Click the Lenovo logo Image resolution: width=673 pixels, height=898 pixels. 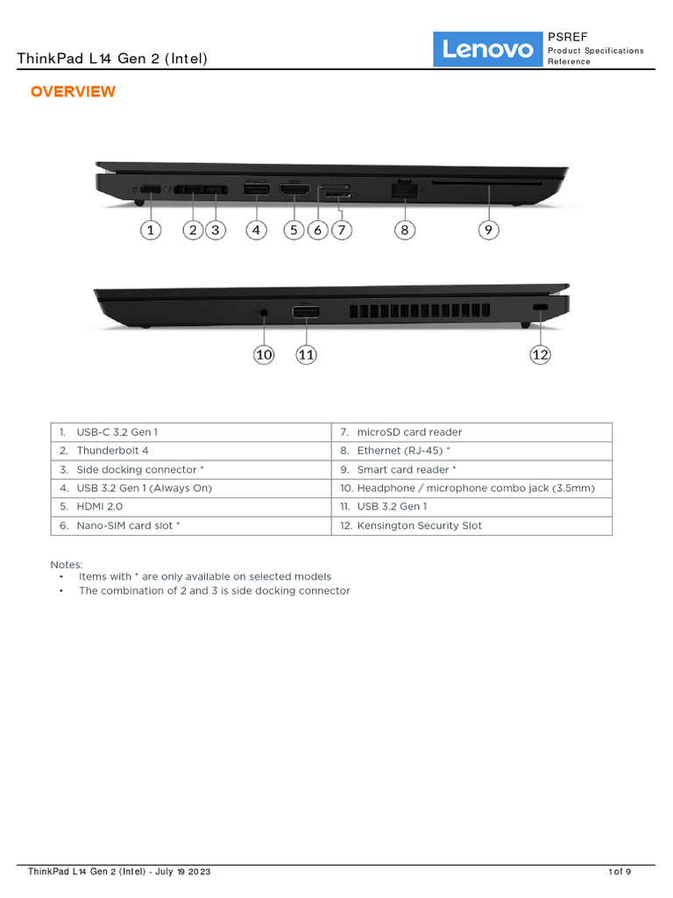pyautogui.click(x=487, y=49)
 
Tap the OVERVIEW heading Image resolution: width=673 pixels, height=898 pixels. pyautogui.click(x=73, y=92)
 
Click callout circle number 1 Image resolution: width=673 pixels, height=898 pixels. pyautogui.click(x=151, y=230)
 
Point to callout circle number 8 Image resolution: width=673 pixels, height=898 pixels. pyautogui.click(x=404, y=230)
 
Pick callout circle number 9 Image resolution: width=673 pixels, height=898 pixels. pyautogui.click(x=489, y=230)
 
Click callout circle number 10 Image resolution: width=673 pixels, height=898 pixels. pyautogui.click(x=264, y=354)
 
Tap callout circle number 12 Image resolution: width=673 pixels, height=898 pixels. pyautogui.click(x=540, y=354)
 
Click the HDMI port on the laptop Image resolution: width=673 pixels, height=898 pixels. pyautogui.click(x=295, y=189)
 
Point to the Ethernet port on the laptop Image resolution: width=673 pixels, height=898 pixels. pyautogui.click(x=404, y=189)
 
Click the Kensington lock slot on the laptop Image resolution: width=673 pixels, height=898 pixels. pyautogui.click(x=540, y=308)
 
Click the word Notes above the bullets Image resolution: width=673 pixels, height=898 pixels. pyautogui.click(x=67, y=565)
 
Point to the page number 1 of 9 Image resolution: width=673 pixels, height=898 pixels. pyautogui.click(x=620, y=872)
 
